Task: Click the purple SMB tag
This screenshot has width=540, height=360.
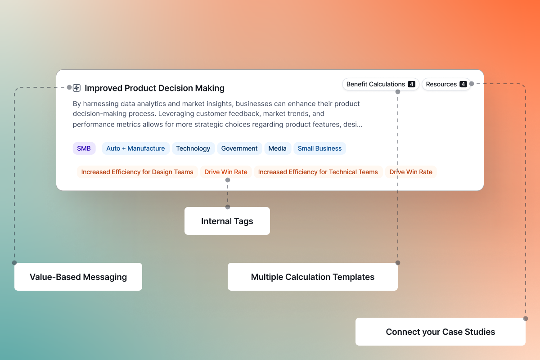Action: pos(84,148)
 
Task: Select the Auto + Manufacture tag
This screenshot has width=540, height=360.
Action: pos(135,148)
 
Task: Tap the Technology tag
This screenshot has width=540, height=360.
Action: pos(193,148)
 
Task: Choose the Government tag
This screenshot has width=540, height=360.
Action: pos(239,148)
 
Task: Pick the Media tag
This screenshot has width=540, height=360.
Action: pos(278,148)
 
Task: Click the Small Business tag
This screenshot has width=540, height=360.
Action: pos(319,148)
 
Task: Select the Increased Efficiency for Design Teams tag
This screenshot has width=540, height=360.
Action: pos(137,172)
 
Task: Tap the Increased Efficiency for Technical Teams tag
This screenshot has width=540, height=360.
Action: pos(318,172)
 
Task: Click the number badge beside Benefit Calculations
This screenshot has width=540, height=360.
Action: pos(411,84)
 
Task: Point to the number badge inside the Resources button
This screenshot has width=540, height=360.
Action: pos(463,84)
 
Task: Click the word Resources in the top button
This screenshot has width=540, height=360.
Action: pos(441,84)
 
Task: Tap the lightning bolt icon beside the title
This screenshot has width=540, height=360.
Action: pos(76,88)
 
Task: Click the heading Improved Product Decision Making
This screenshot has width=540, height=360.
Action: pos(154,88)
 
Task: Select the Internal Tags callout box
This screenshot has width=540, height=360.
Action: pos(227,221)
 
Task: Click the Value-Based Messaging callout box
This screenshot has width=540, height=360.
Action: pos(78,277)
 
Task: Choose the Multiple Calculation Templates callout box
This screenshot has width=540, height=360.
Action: pos(313,277)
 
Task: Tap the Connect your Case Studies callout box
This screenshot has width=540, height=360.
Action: pos(441,332)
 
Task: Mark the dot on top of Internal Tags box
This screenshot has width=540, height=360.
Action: pos(228,207)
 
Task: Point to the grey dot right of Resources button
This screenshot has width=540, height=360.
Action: pos(472,84)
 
